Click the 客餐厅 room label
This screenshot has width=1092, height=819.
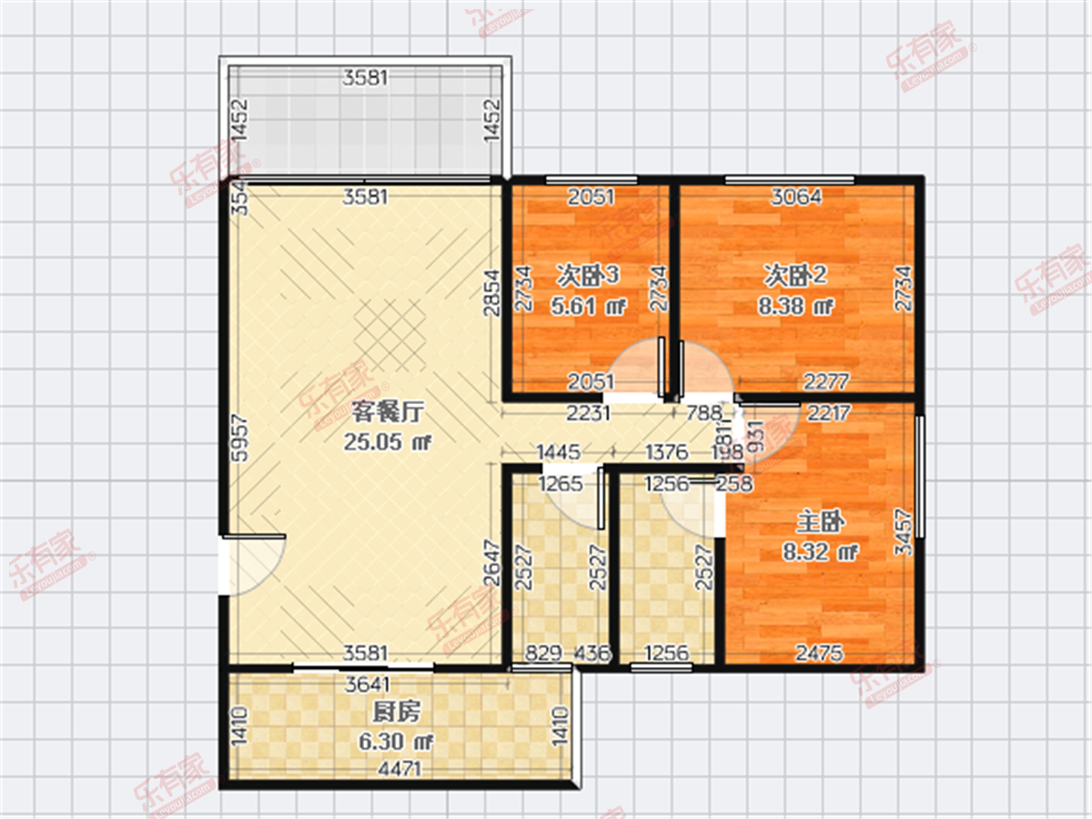(x=385, y=412)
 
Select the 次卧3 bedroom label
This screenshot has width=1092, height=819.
(x=588, y=274)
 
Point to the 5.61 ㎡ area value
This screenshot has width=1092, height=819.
(x=588, y=306)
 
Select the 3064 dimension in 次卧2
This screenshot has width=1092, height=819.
(x=796, y=196)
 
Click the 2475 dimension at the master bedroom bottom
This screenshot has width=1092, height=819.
(x=819, y=652)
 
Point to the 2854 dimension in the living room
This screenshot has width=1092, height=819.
(x=491, y=292)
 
